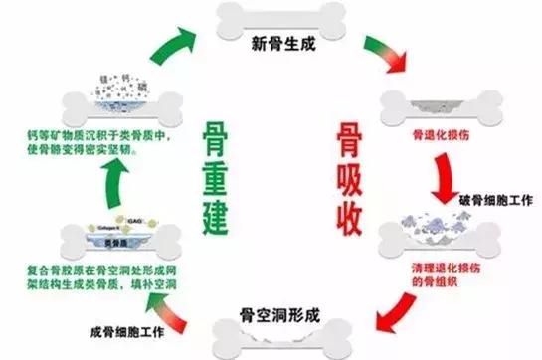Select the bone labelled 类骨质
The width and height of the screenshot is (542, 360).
click(100, 239)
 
